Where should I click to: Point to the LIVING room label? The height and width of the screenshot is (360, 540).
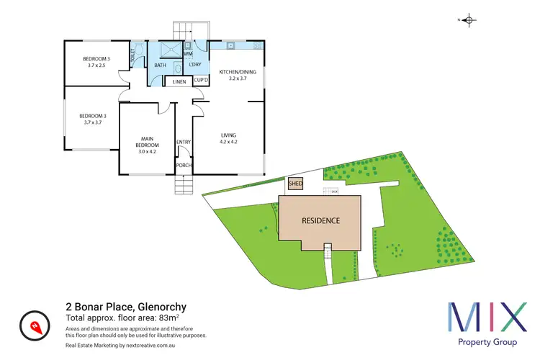[229, 138]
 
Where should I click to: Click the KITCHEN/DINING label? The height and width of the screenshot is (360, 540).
[238, 75]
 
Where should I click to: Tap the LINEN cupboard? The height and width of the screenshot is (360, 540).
[179, 82]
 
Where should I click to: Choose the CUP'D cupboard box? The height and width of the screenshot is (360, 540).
[200, 81]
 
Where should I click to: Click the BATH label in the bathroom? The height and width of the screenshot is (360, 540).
[160, 66]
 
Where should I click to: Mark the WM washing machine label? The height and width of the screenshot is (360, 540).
[188, 54]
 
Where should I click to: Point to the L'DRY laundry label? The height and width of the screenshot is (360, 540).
[196, 66]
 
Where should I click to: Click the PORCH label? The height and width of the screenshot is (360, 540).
[184, 166]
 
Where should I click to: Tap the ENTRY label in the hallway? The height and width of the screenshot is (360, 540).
[184, 142]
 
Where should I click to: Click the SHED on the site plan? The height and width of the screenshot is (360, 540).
[295, 184]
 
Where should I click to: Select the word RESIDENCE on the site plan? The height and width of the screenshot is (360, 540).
[320, 221]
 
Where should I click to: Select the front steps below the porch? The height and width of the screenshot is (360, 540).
[184, 186]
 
